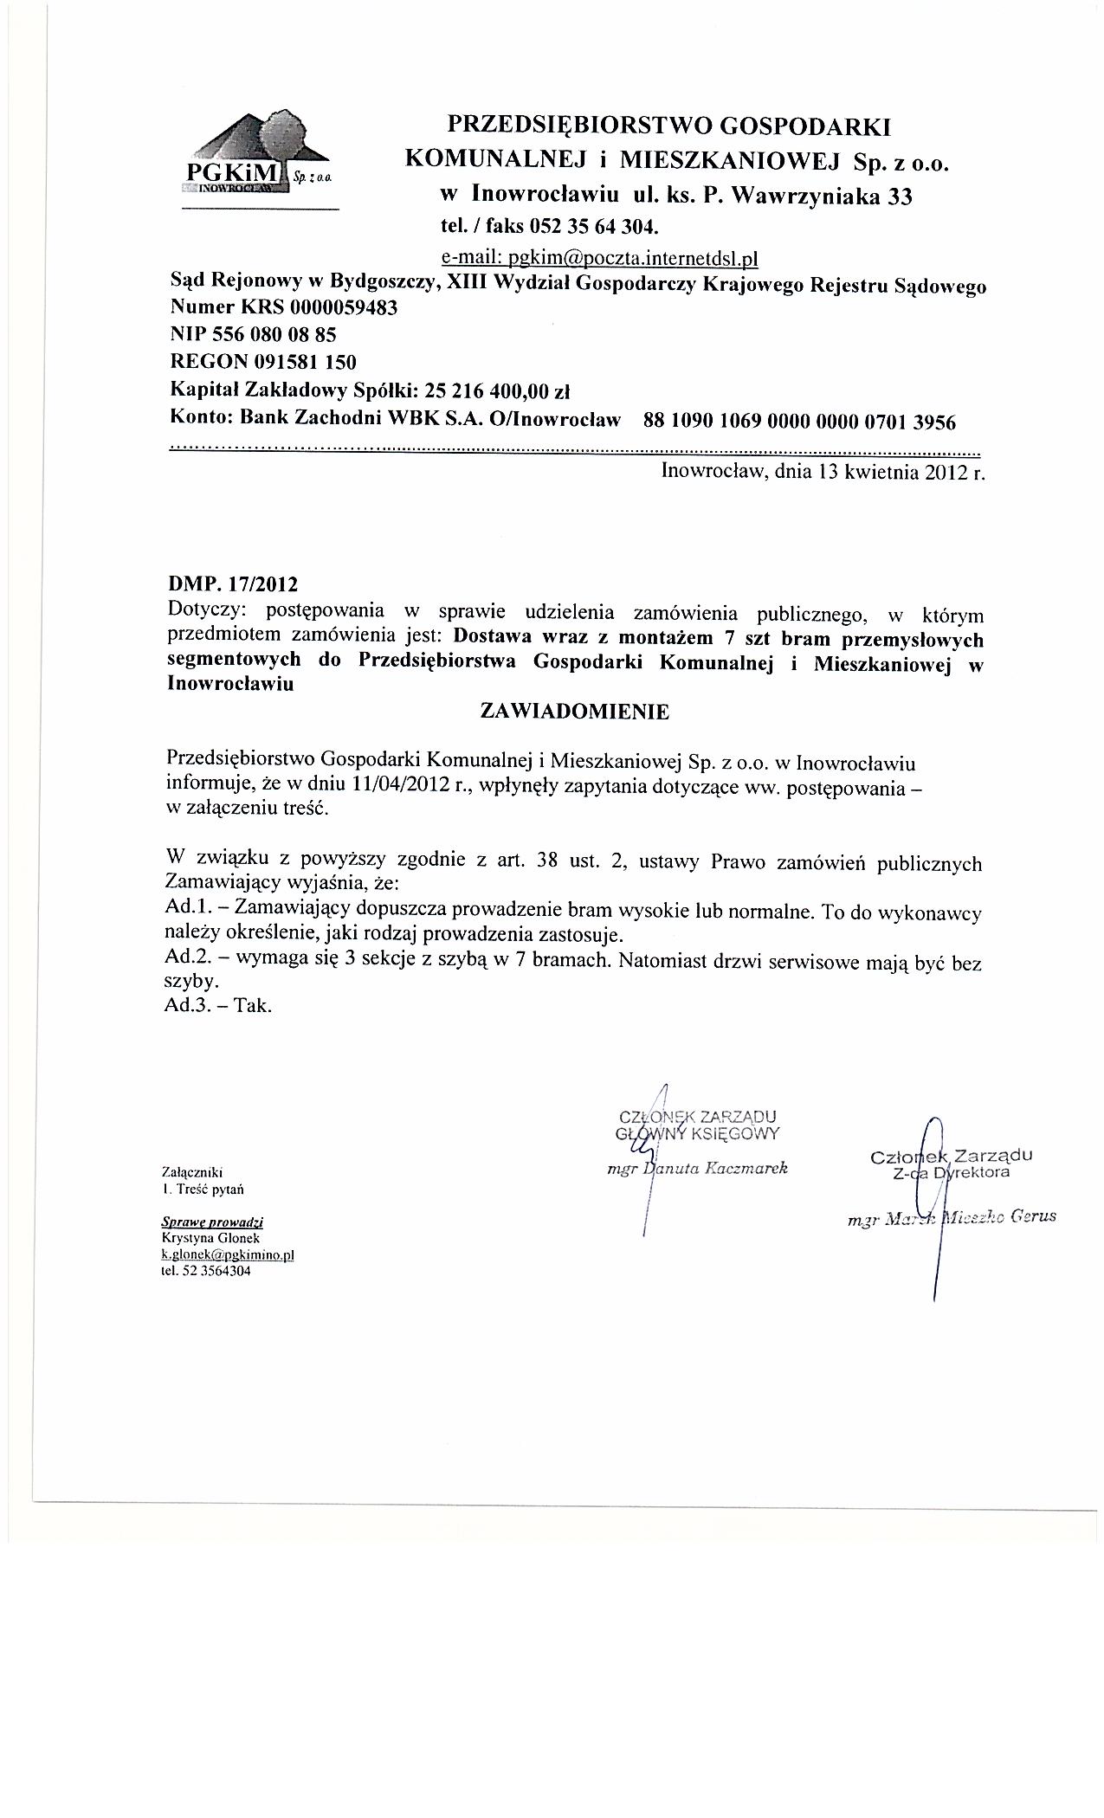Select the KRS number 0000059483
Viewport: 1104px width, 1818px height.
tap(345, 308)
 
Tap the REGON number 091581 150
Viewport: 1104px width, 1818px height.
tap(304, 361)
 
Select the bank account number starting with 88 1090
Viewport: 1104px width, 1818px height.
tap(799, 422)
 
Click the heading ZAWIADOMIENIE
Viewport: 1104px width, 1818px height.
tap(574, 712)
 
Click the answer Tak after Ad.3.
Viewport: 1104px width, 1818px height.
tap(257, 1006)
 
